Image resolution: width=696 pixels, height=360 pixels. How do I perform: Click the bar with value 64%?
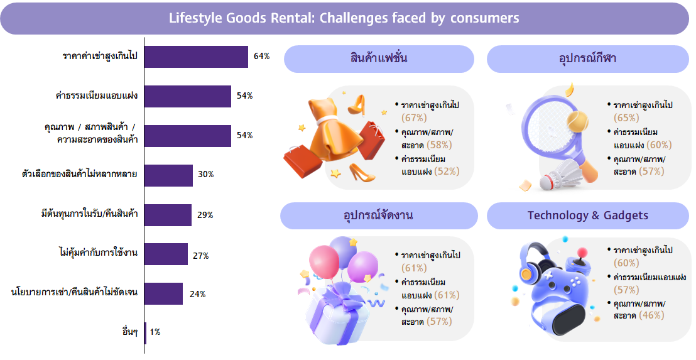click(x=196, y=57)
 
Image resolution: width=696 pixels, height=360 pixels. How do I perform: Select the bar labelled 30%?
click(x=168, y=175)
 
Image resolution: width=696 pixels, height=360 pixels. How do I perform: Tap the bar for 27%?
click(x=166, y=254)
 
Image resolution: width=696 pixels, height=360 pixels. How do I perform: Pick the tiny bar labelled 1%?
click(x=145, y=333)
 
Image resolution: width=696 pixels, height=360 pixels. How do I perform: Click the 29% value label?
click(x=205, y=215)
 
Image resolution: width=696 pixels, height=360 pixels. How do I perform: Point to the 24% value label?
click(x=198, y=294)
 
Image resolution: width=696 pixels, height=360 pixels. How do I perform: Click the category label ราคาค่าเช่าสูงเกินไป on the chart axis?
click(x=100, y=57)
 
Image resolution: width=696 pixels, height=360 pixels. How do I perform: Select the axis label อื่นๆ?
click(x=130, y=332)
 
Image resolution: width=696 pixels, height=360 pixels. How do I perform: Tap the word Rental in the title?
click(x=290, y=18)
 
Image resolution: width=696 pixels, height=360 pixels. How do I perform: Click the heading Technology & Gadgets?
click(x=587, y=215)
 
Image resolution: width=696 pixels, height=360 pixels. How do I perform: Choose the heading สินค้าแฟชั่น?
click(x=379, y=58)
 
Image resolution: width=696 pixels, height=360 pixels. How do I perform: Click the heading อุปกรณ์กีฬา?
click(x=587, y=58)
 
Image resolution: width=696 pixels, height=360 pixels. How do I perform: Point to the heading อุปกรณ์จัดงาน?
click(x=378, y=215)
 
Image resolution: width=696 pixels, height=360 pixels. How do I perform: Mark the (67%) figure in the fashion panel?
click(x=414, y=117)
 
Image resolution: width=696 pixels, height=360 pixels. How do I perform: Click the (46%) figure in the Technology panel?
click(x=651, y=315)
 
